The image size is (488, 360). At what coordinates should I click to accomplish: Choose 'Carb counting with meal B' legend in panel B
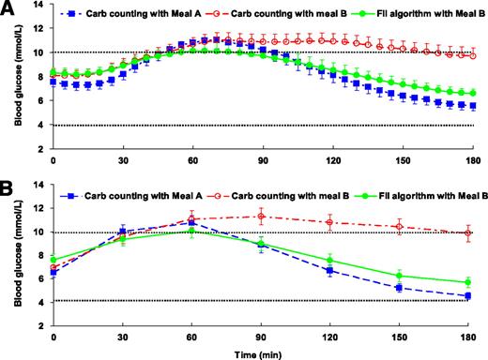click(282, 189)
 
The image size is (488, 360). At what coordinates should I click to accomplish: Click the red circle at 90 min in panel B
click(262, 217)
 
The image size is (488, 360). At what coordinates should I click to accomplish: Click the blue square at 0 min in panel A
click(53, 82)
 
